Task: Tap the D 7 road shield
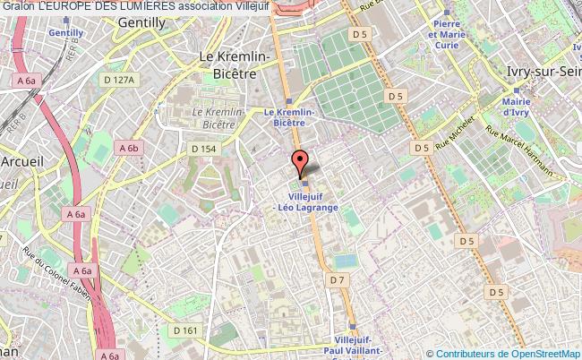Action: pyautogui.click(x=336, y=280)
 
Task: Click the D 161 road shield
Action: pyautogui.click(x=186, y=330)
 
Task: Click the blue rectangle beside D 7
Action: pyautogui.click(x=343, y=260)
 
